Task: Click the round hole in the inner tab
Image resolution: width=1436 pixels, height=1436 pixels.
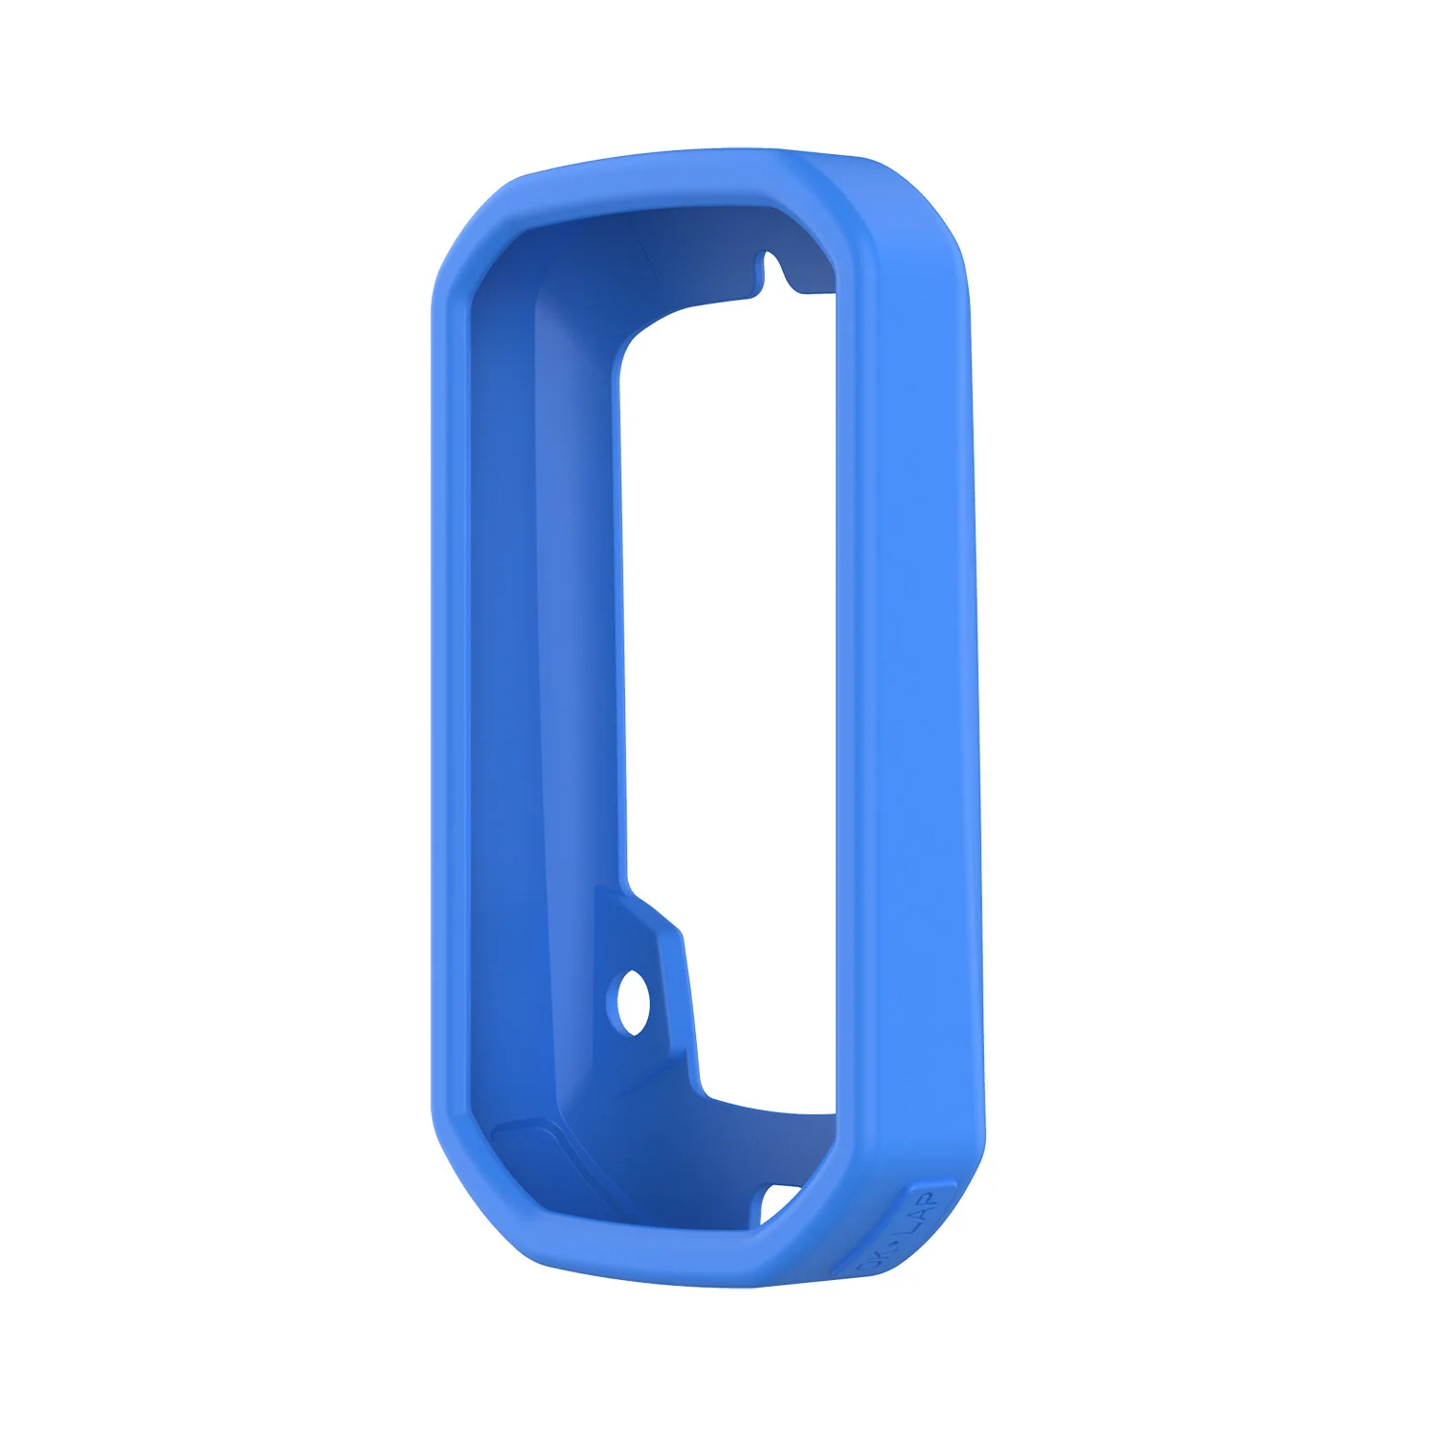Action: (x=633, y=1001)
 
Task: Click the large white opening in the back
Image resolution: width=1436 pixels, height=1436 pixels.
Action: (x=728, y=622)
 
